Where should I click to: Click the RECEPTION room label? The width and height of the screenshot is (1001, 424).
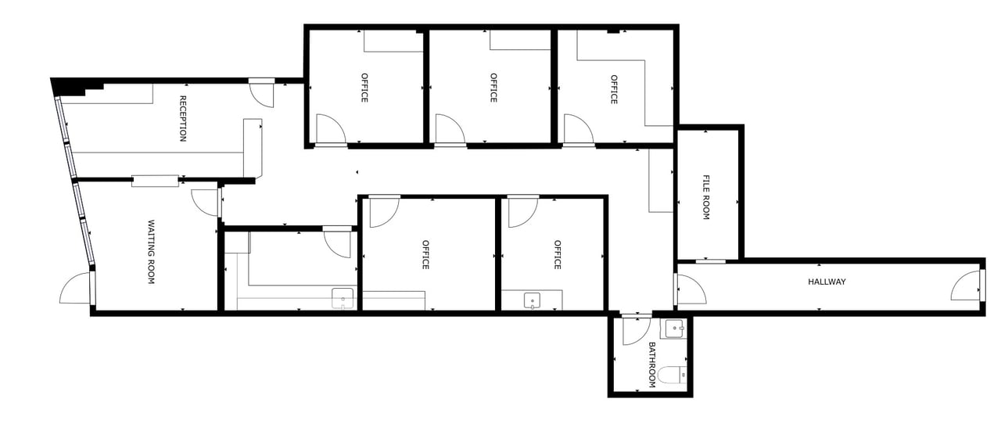tap(183, 118)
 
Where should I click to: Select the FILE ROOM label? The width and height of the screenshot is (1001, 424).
tap(705, 196)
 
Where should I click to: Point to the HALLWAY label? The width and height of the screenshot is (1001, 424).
tap(827, 282)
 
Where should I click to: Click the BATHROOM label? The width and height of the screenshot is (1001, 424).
tap(651, 365)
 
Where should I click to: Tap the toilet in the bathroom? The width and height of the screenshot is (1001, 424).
tap(672, 375)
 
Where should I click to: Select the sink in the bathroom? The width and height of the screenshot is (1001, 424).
tap(673, 329)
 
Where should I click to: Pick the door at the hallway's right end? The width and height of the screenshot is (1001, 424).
tap(966, 287)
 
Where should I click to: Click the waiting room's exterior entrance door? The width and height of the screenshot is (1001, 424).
tap(77, 289)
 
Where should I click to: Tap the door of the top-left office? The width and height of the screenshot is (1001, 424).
tap(329, 130)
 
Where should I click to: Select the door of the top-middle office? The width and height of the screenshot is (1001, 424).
tap(449, 130)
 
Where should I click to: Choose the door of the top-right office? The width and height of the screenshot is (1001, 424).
tap(577, 130)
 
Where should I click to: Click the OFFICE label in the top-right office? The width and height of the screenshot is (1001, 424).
tap(614, 89)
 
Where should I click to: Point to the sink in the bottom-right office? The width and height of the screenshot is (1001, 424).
tap(532, 300)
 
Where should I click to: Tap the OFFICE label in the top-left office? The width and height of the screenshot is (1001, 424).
tap(364, 88)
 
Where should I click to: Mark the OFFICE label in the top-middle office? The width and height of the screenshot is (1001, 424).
tap(493, 88)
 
